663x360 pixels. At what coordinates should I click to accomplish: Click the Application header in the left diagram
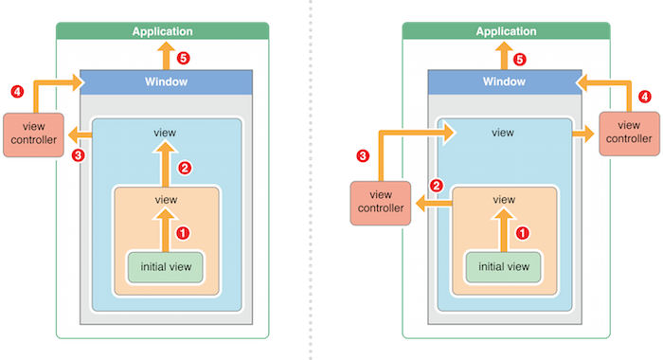click(162, 31)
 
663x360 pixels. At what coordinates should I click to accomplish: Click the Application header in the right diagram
click(506, 31)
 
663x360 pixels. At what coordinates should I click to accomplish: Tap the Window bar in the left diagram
click(166, 82)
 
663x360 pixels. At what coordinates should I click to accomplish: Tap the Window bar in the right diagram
click(505, 82)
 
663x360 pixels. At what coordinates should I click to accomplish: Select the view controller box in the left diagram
click(33, 135)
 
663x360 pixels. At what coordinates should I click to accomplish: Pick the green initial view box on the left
click(166, 267)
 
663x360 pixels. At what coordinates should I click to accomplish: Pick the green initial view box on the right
click(503, 267)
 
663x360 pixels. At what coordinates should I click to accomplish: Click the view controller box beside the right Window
click(629, 134)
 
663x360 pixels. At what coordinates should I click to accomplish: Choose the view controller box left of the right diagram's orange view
click(381, 203)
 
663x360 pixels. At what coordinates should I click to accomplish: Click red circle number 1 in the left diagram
click(183, 233)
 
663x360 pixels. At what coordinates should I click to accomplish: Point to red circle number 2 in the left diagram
click(185, 168)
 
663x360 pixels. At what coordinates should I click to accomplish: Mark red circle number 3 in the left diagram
click(78, 155)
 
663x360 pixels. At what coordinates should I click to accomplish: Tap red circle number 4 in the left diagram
click(17, 91)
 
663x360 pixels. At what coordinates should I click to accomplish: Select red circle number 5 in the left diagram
click(183, 58)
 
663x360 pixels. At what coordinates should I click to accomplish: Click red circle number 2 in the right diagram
click(437, 186)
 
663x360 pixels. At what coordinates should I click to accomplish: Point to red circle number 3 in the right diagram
click(363, 155)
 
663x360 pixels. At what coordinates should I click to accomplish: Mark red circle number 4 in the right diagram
click(644, 97)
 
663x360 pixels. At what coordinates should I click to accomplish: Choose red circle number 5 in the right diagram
click(520, 60)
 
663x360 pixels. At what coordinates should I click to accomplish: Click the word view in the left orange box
click(166, 200)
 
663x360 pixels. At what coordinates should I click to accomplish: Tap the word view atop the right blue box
click(503, 133)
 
